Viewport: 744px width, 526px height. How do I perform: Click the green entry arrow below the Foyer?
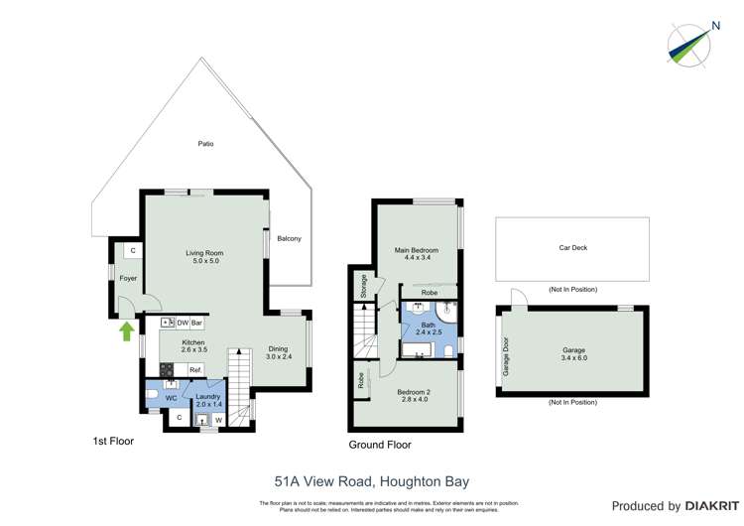point(127,330)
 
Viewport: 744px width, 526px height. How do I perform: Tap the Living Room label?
point(204,253)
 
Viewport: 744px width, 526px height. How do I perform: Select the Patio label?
point(205,144)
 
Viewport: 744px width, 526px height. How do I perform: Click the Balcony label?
point(289,238)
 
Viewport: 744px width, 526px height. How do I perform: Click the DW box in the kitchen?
point(183,323)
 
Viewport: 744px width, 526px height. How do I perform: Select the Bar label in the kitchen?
point(197,323)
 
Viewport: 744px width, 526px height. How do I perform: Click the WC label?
point(171,398)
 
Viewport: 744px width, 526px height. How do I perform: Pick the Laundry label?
point(208,396)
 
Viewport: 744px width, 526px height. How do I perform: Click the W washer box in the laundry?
point(218,419)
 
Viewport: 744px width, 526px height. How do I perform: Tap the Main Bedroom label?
point(417,250)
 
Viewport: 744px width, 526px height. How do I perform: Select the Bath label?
point(428,325)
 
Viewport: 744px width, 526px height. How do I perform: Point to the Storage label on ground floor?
point(365,286)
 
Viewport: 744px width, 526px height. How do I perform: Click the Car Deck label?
point(571,250)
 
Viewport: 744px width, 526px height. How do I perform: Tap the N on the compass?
point(715,26)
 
